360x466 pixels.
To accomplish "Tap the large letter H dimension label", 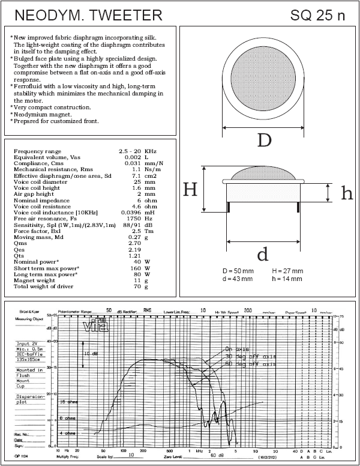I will point(190,190).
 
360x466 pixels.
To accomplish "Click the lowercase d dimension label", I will point(262,255).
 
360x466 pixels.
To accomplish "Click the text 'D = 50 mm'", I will point(238,271).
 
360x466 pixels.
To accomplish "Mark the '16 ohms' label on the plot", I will point(70,401).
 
